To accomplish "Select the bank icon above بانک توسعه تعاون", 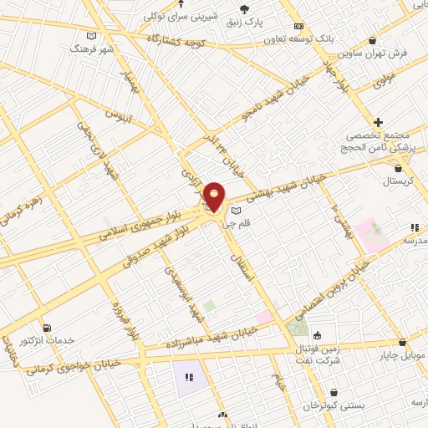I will pos(298,27).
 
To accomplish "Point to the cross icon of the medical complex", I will pos(379,122).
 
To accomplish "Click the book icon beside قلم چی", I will pos(236,210).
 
